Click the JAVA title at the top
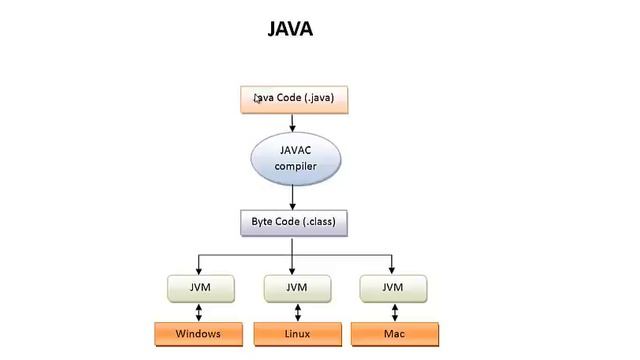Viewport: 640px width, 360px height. click(291, 28)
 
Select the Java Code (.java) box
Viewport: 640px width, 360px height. click(293, 99)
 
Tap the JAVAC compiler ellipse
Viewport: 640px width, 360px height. click(294, 159)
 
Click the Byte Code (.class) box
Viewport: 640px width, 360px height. click(293, 222)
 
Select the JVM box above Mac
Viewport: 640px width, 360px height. click(392, 288)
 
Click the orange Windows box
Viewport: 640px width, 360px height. click(197, 333)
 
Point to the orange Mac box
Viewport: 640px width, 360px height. click(392, 333)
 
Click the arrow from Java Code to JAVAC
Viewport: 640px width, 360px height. click(293, 122)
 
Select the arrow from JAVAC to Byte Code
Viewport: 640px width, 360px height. click(293, 196)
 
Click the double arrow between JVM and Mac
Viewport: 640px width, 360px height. click(392, 311)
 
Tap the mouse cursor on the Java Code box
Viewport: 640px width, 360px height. click(257, 98)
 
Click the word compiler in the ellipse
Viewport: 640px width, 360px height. click(295, 167)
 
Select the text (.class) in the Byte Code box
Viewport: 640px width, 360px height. click(320, 222)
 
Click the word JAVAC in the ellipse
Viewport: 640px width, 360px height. click(295, 150)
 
